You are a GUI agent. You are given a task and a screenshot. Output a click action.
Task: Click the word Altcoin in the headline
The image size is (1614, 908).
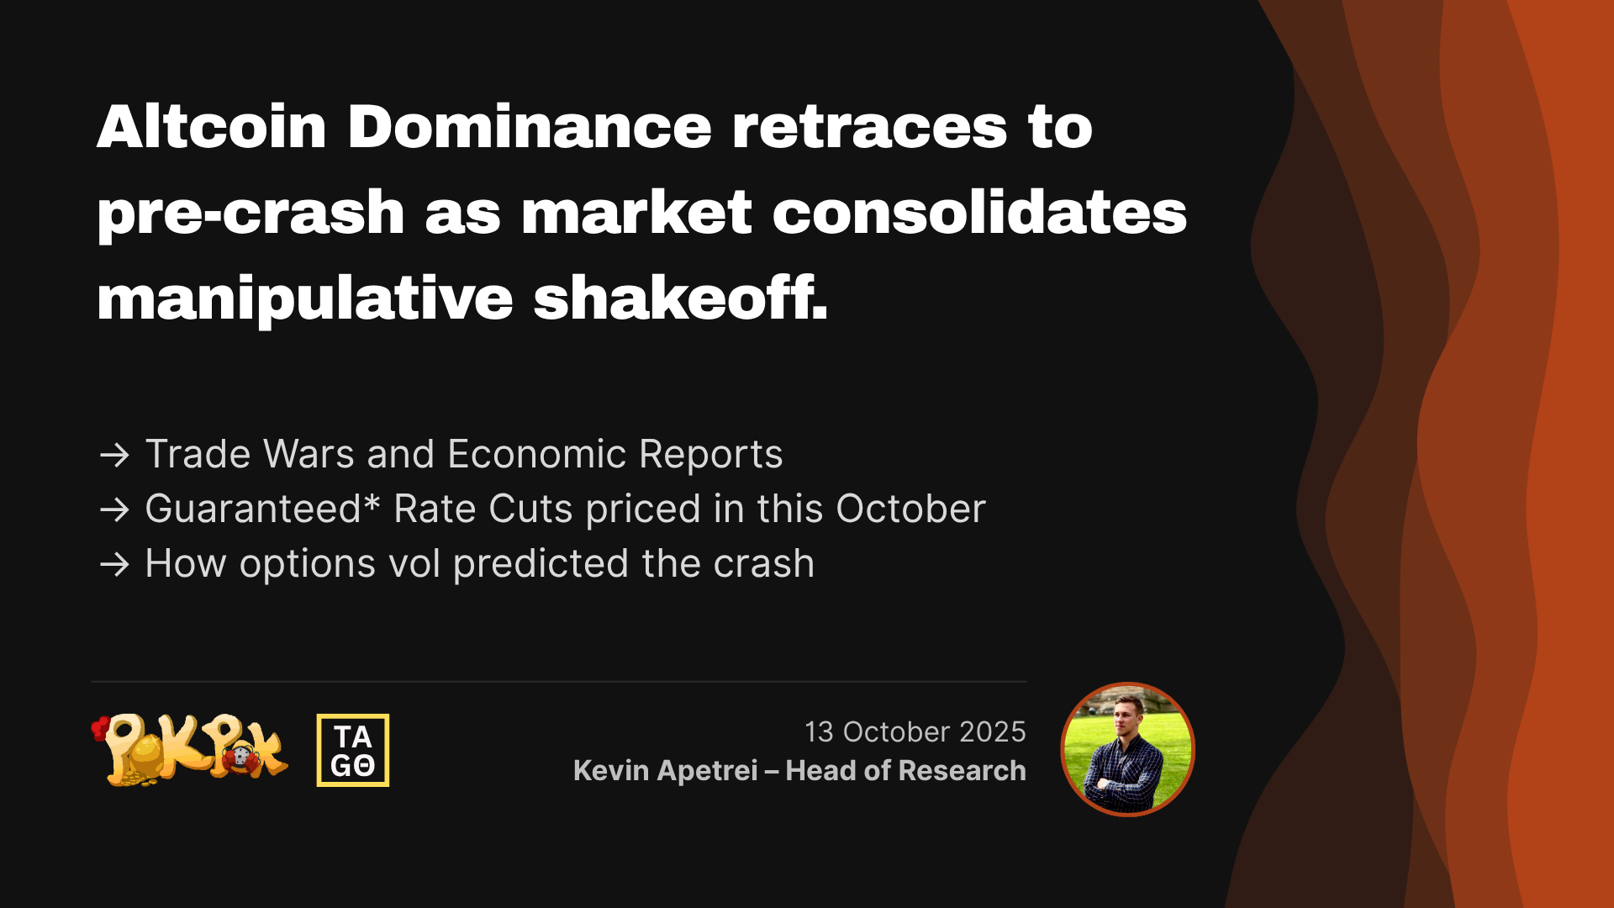coord(211,127)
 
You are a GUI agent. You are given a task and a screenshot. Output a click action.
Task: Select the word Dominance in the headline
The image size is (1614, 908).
coord(530,127)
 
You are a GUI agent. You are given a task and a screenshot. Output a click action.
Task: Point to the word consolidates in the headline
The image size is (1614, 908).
coord(979,212)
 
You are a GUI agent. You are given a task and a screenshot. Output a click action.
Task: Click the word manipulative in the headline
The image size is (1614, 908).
coord(305,300)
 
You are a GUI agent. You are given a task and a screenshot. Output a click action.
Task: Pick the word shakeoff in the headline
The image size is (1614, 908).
coord(680,298)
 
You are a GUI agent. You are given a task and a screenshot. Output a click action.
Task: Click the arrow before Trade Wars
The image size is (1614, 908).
coord(114,455)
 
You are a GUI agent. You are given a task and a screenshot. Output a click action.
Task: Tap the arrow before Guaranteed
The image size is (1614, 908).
coord(114,509)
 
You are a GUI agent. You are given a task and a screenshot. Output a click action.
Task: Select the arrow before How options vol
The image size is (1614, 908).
coord(114,564)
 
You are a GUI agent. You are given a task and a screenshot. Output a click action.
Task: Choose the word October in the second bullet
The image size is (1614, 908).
coord(910,509)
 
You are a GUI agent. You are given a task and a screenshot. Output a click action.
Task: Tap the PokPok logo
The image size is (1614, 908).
coord(190,750)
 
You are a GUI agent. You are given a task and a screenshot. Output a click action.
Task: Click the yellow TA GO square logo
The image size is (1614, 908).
coord(353,750)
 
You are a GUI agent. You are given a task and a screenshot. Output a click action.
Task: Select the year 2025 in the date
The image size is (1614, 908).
coord(993,731)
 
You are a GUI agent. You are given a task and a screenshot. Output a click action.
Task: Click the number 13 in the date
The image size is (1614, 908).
coord(819,731)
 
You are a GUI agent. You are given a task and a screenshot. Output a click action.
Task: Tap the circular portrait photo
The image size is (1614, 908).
coord(1127,749)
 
